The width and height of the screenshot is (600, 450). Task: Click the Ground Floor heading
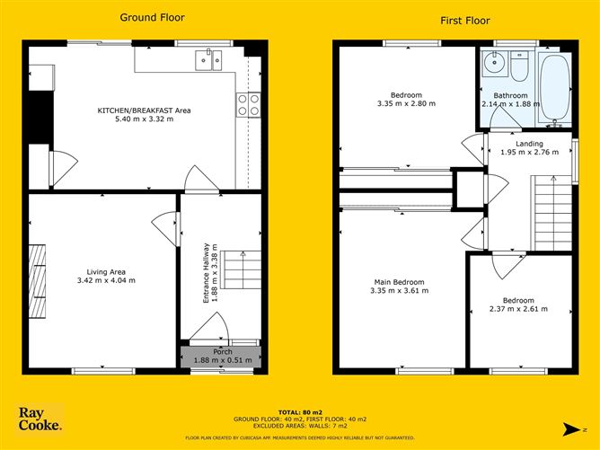coord(145,16)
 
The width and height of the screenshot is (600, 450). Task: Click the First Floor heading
coord(465,20)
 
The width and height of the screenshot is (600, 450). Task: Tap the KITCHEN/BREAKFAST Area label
coord(145,110)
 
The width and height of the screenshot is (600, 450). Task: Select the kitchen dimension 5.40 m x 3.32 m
coord(145,119)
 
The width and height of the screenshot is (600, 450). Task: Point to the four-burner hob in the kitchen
coord(249,104)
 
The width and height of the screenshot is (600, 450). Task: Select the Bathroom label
coord(510,94)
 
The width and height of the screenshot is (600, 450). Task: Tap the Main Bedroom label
coord(400,282)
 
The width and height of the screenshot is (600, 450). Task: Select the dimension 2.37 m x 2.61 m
coord(518,310)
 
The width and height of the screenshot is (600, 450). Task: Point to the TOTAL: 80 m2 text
coord(298,410)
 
